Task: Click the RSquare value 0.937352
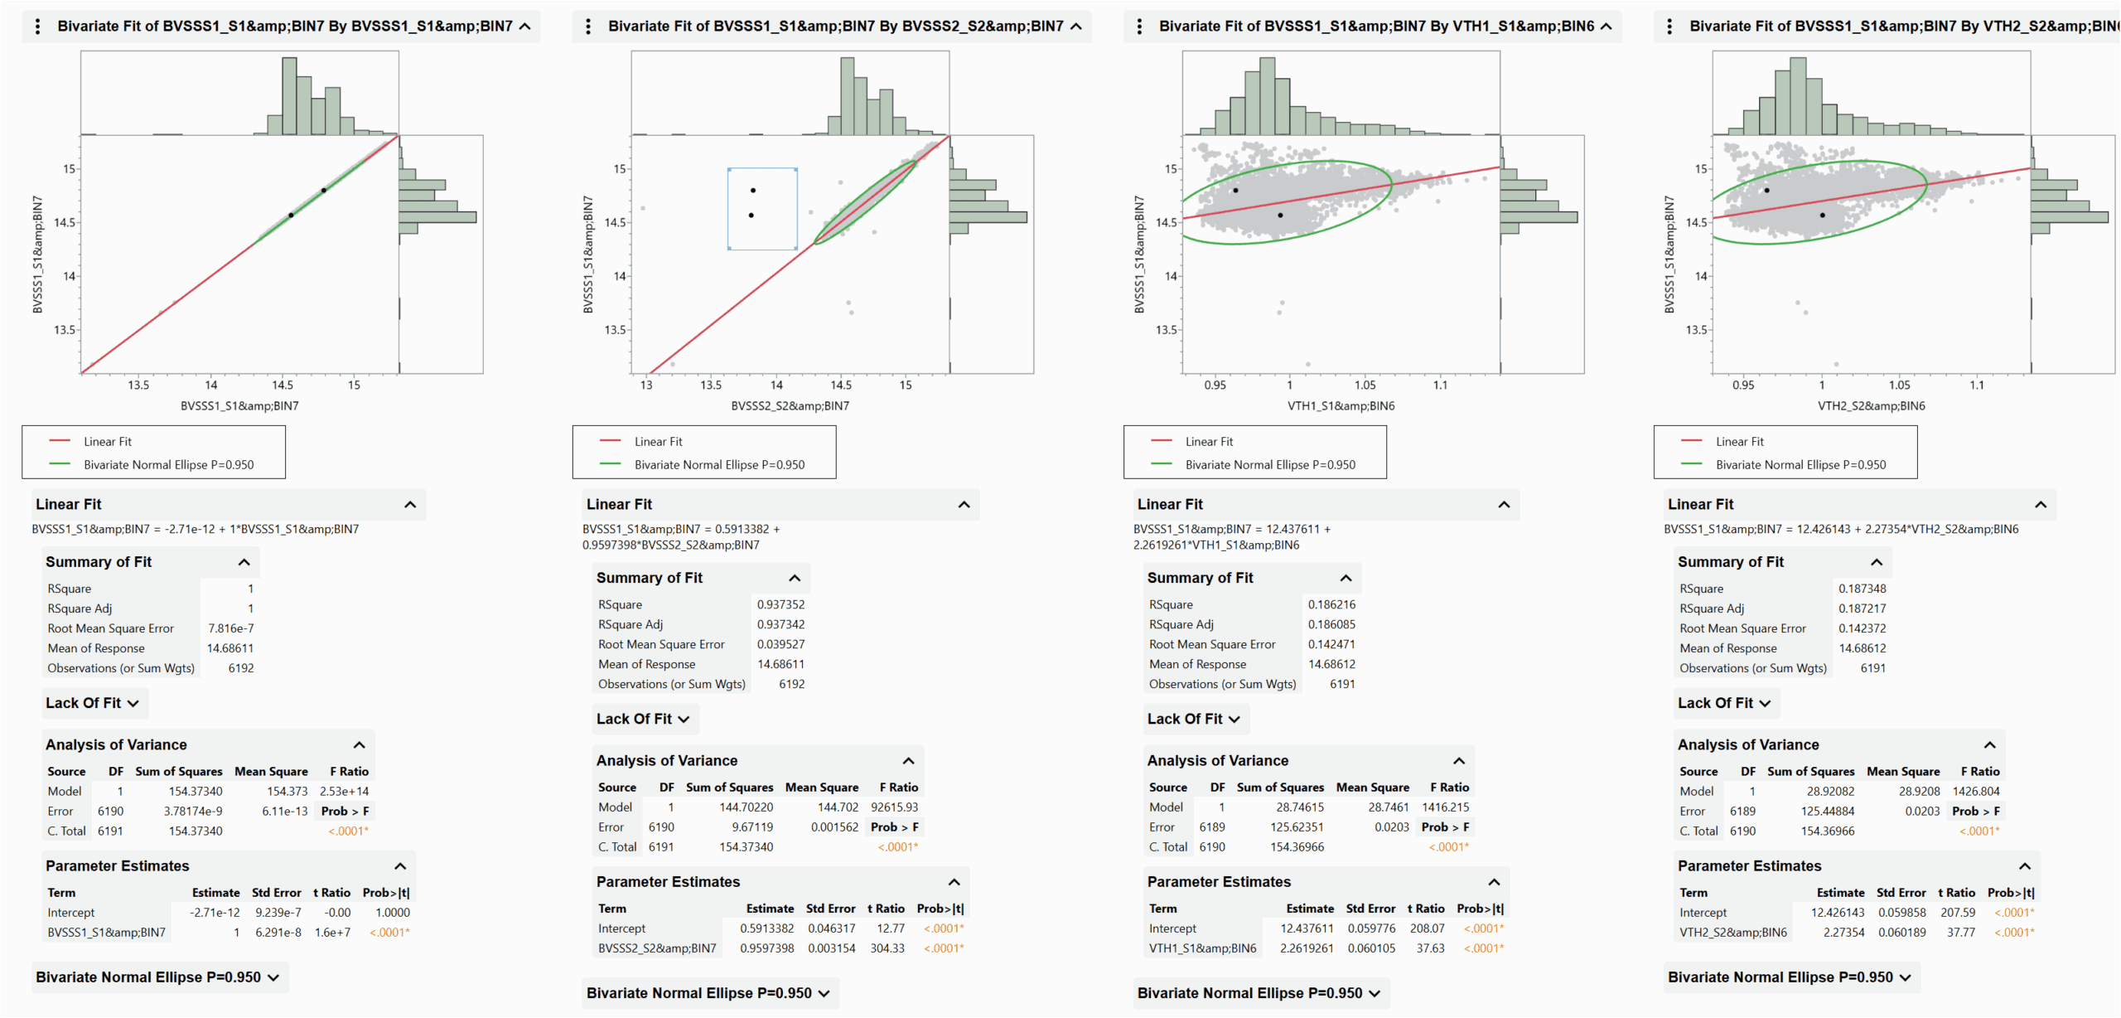(780, 604)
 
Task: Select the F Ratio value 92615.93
(894, 807)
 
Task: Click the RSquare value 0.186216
(1331, 604)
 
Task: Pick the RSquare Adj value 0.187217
(1862, 608)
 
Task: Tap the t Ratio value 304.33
(887, 948)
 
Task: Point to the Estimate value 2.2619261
(1307, 948)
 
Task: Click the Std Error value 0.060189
(1901, 933)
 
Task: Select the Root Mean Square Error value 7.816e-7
(230, 628)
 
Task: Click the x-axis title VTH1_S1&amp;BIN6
(1341, 406)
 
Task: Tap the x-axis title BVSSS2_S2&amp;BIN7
(790, 406)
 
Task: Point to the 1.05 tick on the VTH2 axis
(1899, 385)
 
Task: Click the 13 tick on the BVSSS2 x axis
(646, 385)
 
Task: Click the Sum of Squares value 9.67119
(752, 827)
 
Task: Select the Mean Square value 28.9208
(1919, 792)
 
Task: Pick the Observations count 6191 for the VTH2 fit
(1872, 668)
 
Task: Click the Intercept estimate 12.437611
(1307, 928)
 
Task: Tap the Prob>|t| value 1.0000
(393, 913)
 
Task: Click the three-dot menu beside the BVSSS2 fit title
(588, 27)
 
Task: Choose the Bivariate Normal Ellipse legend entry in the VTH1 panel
(1269, 465)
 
